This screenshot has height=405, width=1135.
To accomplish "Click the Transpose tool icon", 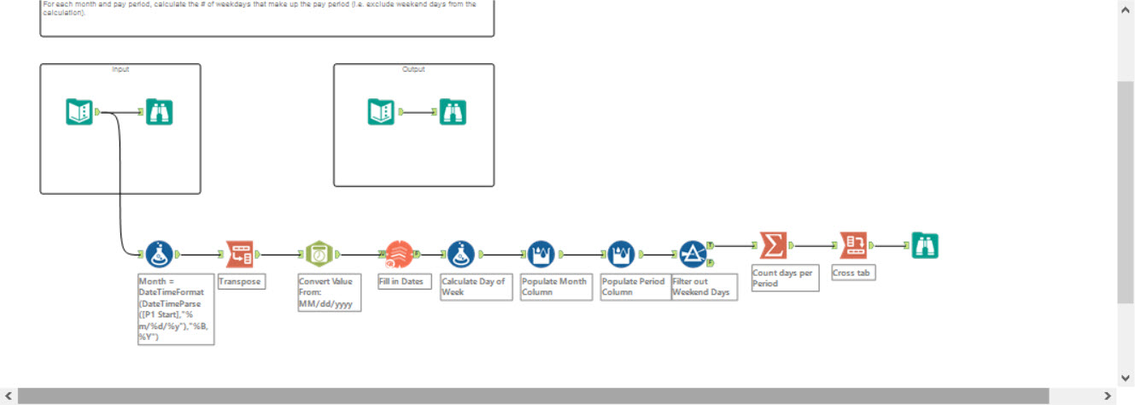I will click(239, 253).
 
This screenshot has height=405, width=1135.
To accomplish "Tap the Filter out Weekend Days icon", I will click(693, 254).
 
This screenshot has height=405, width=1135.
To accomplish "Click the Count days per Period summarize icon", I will click(773, 246).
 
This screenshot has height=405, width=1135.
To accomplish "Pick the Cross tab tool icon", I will click(853, 246).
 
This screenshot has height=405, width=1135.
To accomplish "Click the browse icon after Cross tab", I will click(925, 246).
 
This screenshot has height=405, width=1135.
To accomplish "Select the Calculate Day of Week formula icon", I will click(461, 254).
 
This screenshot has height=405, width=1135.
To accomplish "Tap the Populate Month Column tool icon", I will click(541, 254).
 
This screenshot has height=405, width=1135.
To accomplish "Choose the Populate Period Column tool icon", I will click(621, 254).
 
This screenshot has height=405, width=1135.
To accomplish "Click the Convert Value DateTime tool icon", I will click(319, 254).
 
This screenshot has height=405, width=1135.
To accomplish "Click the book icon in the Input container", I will click(79, 112).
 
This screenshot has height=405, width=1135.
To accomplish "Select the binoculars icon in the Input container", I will click(159, 112).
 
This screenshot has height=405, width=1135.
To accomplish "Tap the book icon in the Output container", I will click(381, 112).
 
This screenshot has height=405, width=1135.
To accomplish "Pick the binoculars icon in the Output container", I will click(453, 112).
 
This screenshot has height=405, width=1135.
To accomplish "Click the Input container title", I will click(120, 69).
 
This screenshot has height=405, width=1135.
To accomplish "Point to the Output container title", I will click(413, 69).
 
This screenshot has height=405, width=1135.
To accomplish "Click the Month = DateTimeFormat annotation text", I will click(174, 308).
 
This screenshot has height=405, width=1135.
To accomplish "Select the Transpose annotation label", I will click(240, 281).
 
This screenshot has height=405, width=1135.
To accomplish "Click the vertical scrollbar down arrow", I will click(1126, 378).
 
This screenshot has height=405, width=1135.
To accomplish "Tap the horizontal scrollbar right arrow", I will click(1108, 396).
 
